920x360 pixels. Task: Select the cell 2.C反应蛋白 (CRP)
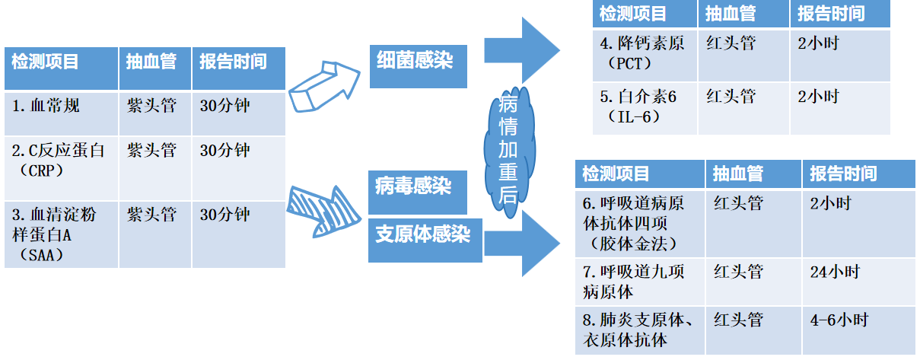coord(61,167)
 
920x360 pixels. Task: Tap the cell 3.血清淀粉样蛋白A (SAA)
coord(61,234)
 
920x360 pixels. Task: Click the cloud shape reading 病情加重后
coord(508,152)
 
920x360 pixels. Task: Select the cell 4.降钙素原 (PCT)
coord(645,54)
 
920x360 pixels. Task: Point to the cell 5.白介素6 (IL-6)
coord(645,107)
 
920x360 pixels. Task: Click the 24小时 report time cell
coord(858,281)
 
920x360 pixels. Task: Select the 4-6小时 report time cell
coord(858,329)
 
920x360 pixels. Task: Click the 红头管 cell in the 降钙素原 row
coord(743,54)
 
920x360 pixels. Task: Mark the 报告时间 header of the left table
coord(238,62)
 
